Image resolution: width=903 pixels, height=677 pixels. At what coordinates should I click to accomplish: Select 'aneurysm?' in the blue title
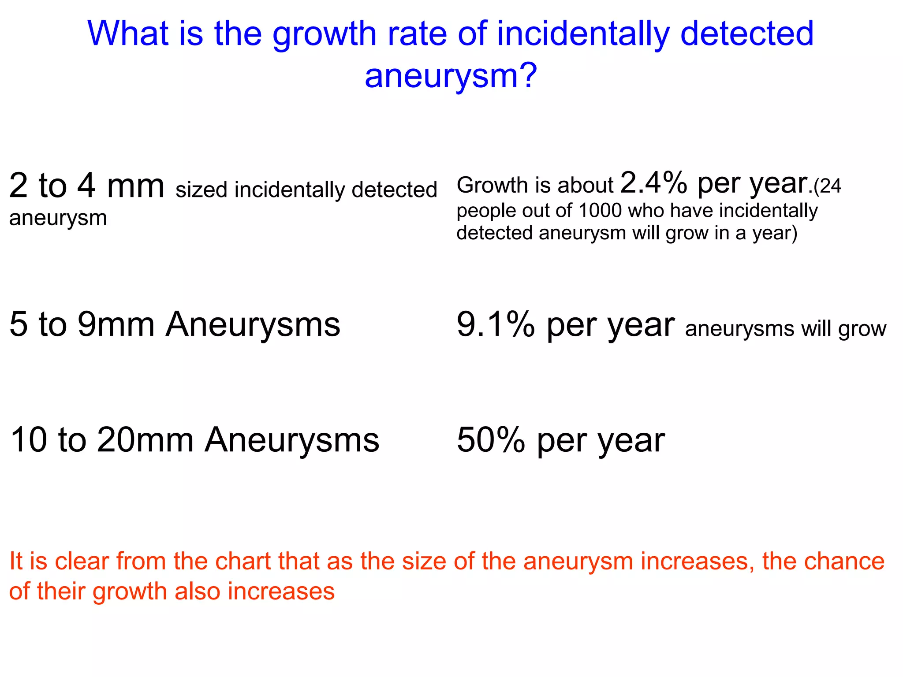click(x=451, y=76)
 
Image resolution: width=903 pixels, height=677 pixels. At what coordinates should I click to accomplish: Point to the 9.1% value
click(x=496, y=325)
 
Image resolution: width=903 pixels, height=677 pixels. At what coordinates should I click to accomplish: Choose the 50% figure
click(x=491, y=440)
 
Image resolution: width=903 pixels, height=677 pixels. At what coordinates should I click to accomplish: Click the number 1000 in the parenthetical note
click(x=600, y=211)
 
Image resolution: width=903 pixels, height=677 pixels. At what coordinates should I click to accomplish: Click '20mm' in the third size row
click(x=146, y=440)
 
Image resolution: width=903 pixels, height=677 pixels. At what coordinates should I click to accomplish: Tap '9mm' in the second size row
click(x=116, y=325)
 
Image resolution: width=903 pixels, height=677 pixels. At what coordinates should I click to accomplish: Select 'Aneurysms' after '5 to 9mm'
click(x=253, y=325)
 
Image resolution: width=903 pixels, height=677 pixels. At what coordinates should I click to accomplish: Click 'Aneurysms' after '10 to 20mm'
click(x=292, y=440)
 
